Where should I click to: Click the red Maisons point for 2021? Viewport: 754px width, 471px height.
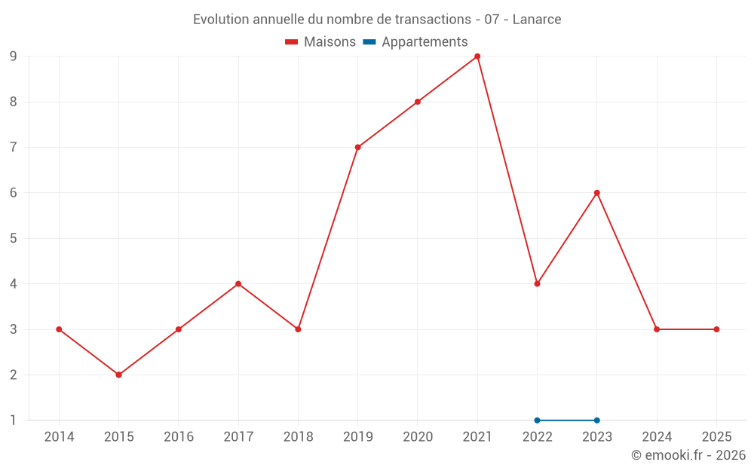pos(477,57)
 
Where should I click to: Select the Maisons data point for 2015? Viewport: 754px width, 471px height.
pos(118,375)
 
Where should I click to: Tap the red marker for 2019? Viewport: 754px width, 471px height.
pos(357,147)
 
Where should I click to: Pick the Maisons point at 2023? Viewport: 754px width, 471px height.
pos(596,193)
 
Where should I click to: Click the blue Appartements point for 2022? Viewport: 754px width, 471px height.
pos(537,421)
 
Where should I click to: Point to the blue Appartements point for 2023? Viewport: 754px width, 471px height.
pos(596,421)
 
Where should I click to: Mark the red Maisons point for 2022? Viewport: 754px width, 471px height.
pos(537,284)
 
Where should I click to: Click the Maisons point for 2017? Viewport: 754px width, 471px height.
pos(238,284)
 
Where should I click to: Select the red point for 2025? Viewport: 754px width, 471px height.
pos(716,329)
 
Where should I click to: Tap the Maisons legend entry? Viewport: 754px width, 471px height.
pos(320,42)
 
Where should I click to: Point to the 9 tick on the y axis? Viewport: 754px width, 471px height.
pos(13,57)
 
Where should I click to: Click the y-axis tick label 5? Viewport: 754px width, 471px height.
pos(13,238)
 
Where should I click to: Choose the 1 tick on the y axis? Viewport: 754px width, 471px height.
pos(13,421)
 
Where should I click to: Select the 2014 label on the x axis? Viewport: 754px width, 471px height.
pos(59,437)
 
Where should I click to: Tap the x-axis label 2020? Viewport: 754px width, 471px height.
pos(418,437)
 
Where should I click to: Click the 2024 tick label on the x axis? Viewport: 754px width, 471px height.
pos(657,437)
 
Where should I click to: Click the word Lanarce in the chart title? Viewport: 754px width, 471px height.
pos(537,20)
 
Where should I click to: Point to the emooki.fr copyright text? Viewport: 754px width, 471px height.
pos(688,455)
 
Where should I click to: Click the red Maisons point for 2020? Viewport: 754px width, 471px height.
pos(418,102)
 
